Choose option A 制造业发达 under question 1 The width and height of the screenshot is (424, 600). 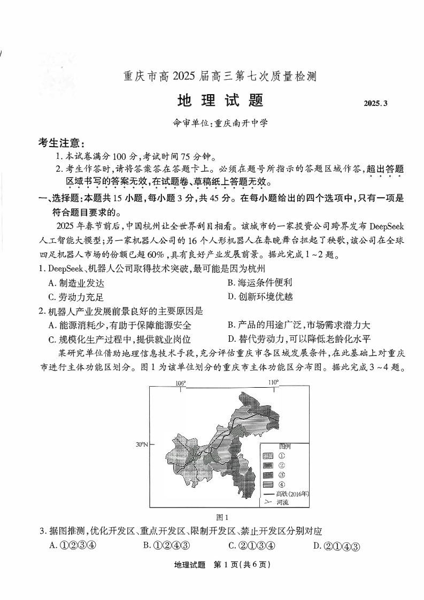click(x=76, y=283)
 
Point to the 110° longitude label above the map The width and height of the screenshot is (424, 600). click(x=273, y=382)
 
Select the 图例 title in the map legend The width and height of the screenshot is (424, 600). click(x=284, y=446)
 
